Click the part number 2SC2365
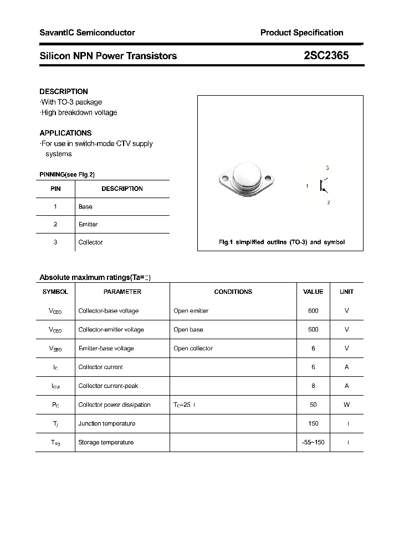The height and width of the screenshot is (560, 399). [x=326, y=55]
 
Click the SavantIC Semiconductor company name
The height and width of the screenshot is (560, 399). [x=87, y=33]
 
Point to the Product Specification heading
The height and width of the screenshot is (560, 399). [x=301, y=33]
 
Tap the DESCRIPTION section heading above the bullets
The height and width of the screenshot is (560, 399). [x=64, y=91]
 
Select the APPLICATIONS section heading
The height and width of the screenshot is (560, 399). [x=65, y=133]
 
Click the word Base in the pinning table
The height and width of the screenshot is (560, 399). [x=85, y=206]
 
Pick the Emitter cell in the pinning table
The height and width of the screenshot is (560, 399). [x=88, y=224]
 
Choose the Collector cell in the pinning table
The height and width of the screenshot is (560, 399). [x=90, y=242]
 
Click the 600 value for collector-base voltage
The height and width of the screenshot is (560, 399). [x=313, y=310]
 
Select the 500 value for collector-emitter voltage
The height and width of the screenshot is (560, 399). [x=313, y=329]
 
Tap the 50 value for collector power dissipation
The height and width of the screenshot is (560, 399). [x=313, y=405]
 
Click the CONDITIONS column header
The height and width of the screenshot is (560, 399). [x=233, y=292]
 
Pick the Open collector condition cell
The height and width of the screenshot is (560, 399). [x=193, y=348]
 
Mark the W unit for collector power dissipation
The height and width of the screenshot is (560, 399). [x=346, y=405]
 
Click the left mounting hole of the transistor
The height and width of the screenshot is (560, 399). [x=225, y=179]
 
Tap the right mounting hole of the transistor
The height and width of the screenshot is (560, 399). [x=269, y=179]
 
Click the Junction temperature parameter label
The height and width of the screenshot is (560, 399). [x=107, y=423]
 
